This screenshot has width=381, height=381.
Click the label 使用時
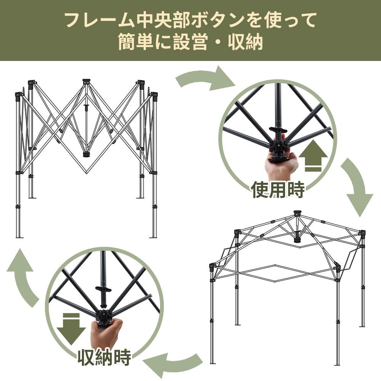[278, 189]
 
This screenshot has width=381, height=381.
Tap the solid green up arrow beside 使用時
[313, 157]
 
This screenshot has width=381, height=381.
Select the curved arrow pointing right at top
[206, 78]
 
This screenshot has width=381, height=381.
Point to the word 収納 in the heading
[246, 43]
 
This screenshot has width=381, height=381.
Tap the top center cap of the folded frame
[86, 81]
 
